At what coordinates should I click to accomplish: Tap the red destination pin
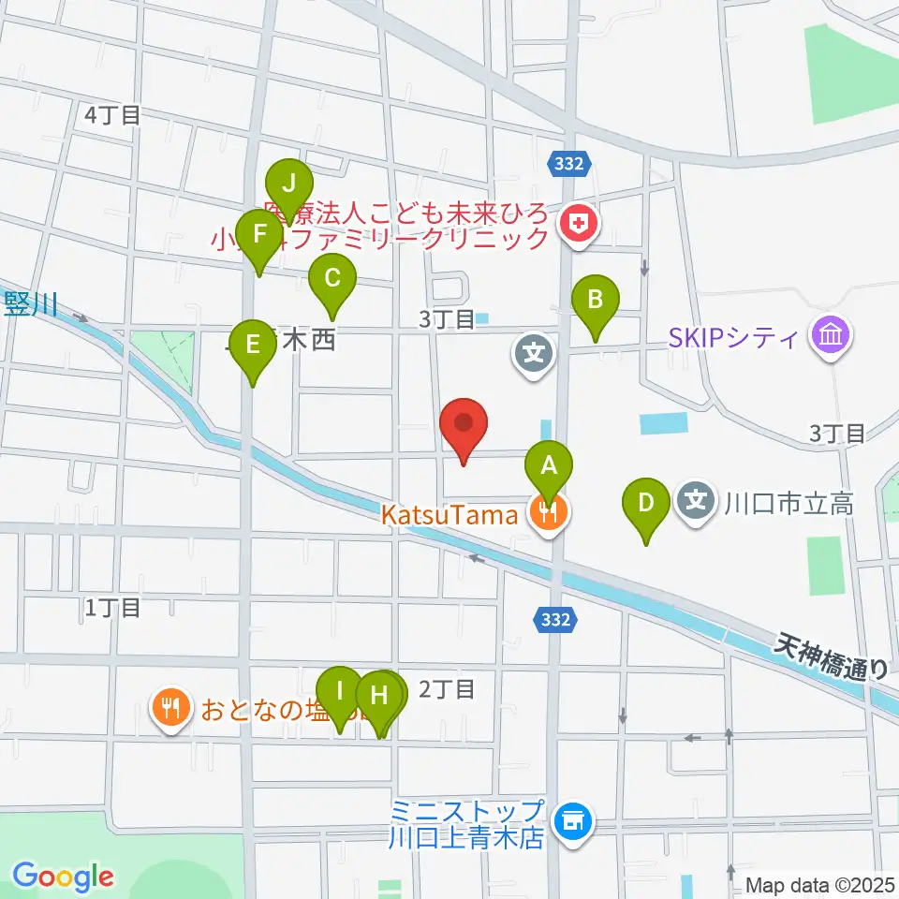click(465, 424)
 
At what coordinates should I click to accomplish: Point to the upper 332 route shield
click(569, 164)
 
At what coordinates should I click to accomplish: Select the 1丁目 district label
click(112, 607)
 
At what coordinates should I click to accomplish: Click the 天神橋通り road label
click(832, 656)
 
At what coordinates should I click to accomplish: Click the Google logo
click(63, 877)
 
